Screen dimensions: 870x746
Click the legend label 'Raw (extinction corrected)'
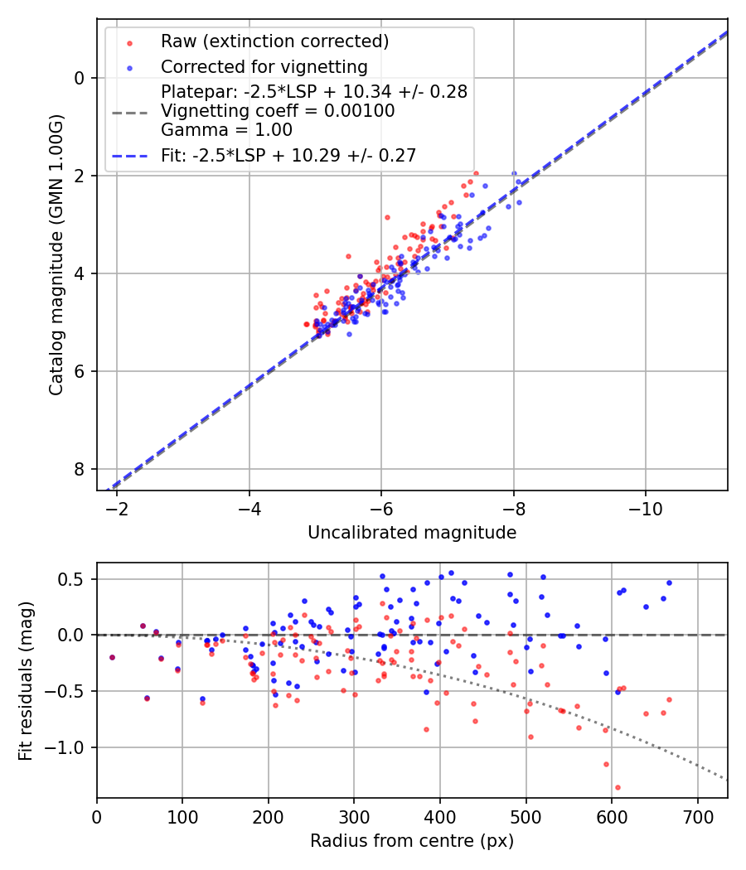pyautogui.click(x=274, y=41)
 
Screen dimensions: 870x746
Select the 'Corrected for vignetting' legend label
pyautogui.click(x=264, y=67)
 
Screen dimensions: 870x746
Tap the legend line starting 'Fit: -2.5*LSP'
pyautogui.click(x=288, y=155)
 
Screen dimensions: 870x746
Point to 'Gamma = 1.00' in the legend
pyautogui.click(x=226, y=129)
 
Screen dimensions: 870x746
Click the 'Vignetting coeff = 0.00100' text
pyautogui.click(x=278, y=110)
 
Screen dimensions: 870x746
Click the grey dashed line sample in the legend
pyautogui.click(x=130, y=111)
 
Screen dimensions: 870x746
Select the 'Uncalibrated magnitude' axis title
pyautogui.click(x=412, y=533)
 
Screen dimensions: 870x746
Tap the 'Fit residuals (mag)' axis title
pyautogui.click(x=26, y=680)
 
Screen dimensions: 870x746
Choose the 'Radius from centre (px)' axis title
pyautogui.click(x=412, y=841)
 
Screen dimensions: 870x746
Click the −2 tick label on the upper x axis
pyautogui.click(x=117, y=508)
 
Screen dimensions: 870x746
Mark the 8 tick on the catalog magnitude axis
pyautogui.click(x=80, y=469)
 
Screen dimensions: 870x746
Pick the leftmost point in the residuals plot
pyautogui.click(x=112, y=657)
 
